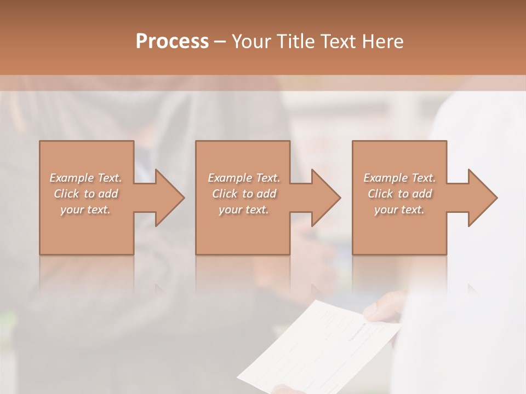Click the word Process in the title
click(x=172, y=42)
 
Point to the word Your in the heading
click(x=250, y=42)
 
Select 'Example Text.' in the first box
click(x=85, y=178)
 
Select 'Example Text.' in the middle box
click(x=243, y=178)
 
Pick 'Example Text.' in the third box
click(x=399, y=178)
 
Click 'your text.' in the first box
click(x=85, y=210)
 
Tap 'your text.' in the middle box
click(x=243, y=210)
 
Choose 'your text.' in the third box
click(x=399, y=210)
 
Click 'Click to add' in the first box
click(x=85, y=194)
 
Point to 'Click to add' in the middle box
click(x=243, y=194)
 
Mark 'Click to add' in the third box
click(x=399, y=194)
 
